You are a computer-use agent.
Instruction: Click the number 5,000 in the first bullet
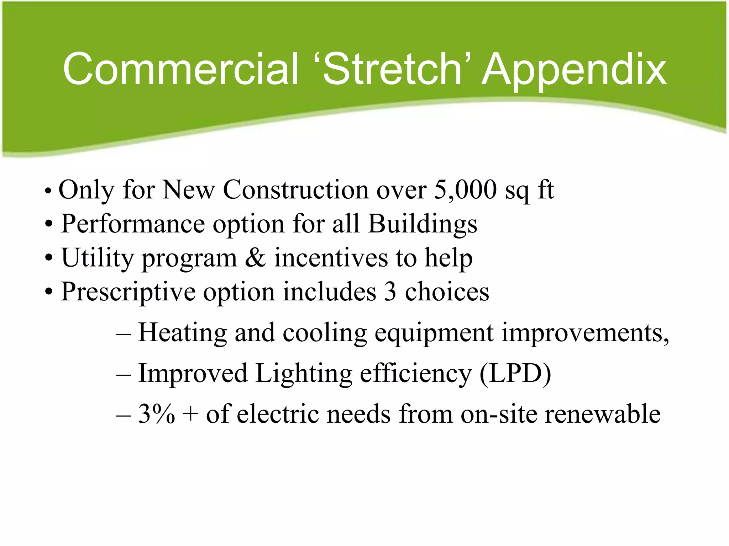tap(465, 190)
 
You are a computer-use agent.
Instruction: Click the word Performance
tap(133, 224)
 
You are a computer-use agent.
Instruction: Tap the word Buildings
tap(422, 224)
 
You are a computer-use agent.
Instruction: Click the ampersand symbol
tap(255, 258)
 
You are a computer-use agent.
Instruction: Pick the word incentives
tap(331, 258)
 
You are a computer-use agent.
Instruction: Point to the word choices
tap(447, 292)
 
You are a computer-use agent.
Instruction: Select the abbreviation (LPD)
tap(515, 373)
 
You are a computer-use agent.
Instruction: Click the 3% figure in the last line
tap(156, 414)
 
